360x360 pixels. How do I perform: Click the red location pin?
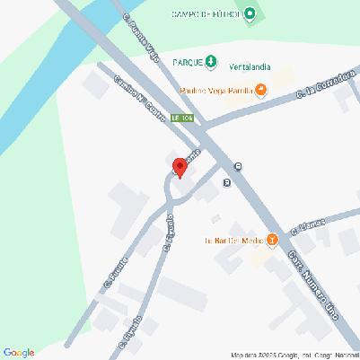[180, 167]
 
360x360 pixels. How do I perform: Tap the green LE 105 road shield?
[182, 118]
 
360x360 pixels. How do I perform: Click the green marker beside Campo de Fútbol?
[250, 13]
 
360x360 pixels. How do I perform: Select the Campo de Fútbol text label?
[206, 13]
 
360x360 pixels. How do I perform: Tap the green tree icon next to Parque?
[210, 61]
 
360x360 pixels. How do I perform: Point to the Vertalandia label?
[250, 68]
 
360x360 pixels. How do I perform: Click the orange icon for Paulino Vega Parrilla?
[260, 89]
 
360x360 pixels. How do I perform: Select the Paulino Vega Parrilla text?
[216, 90]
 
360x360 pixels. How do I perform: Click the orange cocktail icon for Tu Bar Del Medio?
[272, 240]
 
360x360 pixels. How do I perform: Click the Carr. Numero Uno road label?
[306, 277]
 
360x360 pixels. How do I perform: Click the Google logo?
[19, 353]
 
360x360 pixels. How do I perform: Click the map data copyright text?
[293, 354]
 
